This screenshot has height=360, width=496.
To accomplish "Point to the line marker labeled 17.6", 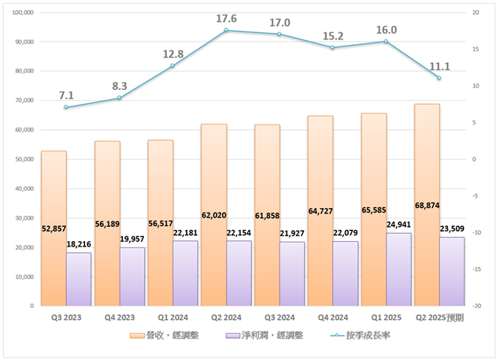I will pyautogui.click(x=226, y=31).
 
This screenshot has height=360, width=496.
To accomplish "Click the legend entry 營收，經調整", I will pyautogui.click(x=172, y=335).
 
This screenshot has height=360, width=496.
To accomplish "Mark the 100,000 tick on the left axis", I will pyautogui.click(x=23, y=13).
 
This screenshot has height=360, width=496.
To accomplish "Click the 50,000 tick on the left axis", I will pyautogui.click(x=24, y=159).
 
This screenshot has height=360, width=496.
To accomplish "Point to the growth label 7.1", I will pyautogui.click(x=66, y=95).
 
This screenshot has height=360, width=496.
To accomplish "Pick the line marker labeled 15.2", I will pyautogui.click(x=332, y=48).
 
